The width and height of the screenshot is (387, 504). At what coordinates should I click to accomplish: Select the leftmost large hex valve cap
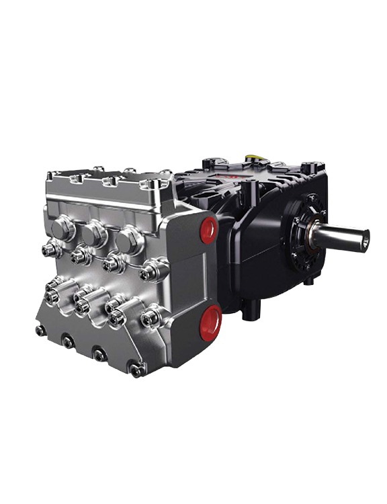[x=62, y=229]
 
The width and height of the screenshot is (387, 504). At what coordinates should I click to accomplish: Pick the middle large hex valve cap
[x=93, y=235]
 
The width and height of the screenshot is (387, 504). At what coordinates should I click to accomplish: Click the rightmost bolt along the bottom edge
[x=136, y=368]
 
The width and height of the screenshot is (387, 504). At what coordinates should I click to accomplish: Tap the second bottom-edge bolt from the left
[x=68, y=342]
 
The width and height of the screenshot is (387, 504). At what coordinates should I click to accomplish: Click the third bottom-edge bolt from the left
[x=99, y=354]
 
